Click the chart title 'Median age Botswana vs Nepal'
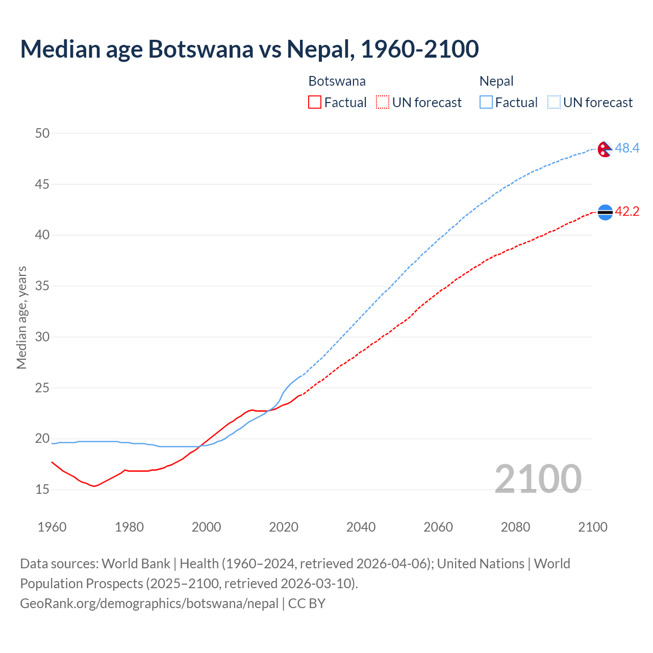pos(249,49)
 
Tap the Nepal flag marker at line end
pos(605,149)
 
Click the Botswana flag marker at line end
pos(605,212)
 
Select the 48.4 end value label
pos(627,148)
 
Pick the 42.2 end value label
pos(627,212)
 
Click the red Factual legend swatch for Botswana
pos(315,103)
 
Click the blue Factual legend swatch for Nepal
pos(486,103)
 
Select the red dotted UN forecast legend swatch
pos(383,103)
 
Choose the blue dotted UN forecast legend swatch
pos(554,103)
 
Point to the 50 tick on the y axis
pos(42,133)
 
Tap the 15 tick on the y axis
pos(42,490)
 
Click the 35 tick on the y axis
pos(42,286)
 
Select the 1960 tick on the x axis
pos(52,527)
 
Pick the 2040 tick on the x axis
pos(361,527)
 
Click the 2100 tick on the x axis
pos(593,527)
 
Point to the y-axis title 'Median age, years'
pos(21,317)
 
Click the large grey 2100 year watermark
pos(538,479)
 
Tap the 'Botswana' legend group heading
pos(337,81)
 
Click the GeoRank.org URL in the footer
pos(149,604)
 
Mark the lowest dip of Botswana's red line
pos(94,486)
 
